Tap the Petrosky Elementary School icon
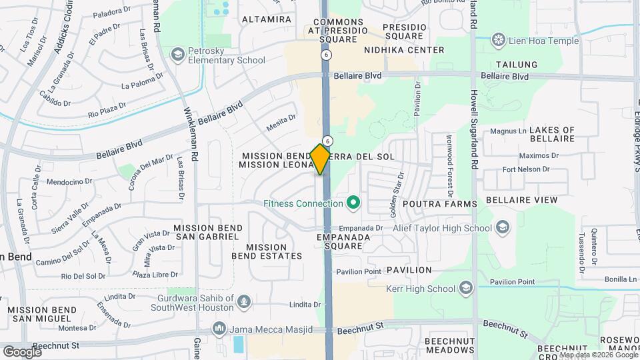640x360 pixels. coord(177,53)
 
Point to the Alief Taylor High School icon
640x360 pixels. coord(502,228)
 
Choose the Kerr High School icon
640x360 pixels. coord(466,289)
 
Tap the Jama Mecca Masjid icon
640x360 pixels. coord(219,328)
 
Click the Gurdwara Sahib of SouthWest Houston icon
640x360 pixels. coord(244,301)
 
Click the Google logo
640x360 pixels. coord(22,351)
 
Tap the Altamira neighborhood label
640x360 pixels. coord(267,19)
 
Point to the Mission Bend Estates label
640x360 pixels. coord(267,251)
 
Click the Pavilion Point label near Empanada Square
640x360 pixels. coord(359,271)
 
